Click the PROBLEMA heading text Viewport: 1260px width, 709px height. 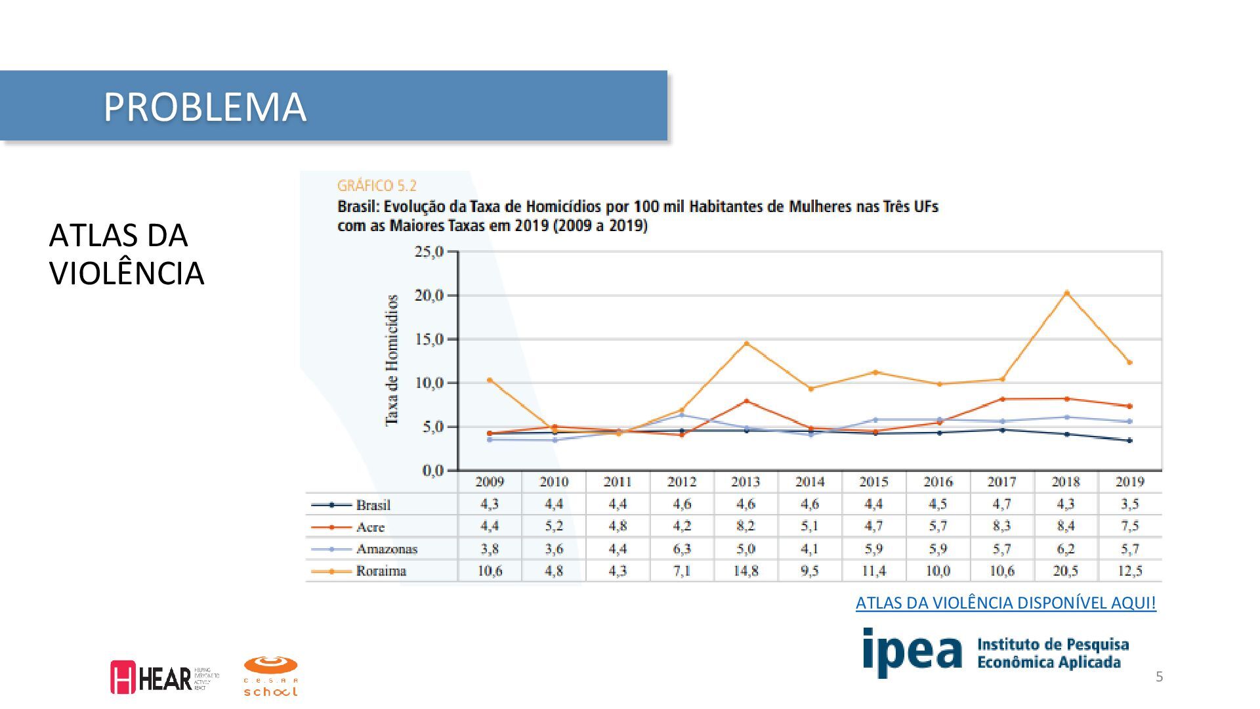click(x=204, y=106)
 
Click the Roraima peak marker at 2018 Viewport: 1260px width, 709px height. click(x=1066, y=293)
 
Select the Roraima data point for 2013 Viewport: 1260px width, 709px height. click(x=746, y=343)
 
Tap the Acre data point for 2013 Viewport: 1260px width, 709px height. click(x=746, y=400)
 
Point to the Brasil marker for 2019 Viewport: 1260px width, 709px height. click(x=1129, y=440)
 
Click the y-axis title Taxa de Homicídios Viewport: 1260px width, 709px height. click(x=392, y=360)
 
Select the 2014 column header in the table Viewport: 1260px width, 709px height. click(x=810, y=482)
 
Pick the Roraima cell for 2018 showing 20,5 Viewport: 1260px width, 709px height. click(x=1066, y=570)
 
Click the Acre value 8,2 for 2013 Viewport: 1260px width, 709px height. click(x=745, y=526)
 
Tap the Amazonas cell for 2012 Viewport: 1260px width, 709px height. click(x=682, y=549)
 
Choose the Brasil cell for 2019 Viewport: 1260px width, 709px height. click(x=1129, y=504)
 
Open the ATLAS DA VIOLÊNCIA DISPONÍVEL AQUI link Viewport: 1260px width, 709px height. click(x=1005, y=603)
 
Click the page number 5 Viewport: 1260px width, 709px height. click(x=1159, y=677)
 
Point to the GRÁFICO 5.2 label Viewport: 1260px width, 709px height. click(x=377, y=186)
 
